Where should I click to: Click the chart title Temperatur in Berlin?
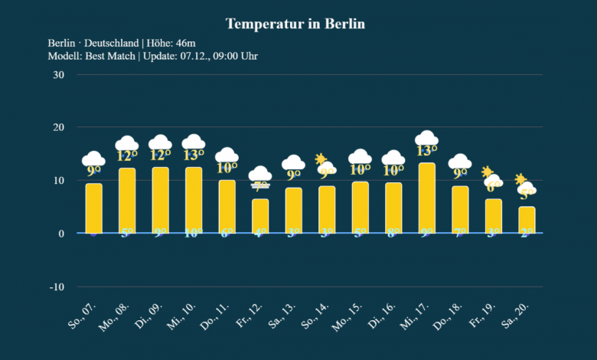coord(295,24)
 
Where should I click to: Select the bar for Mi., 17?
coord(426,198)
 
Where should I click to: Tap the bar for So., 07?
coord(93,208)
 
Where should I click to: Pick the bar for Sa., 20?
coord(527,220)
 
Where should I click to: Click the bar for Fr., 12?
coord(260,216)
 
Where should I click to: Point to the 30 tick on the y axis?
coord(58,75)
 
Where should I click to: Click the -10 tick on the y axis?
coord(56,286)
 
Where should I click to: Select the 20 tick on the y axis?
coord(58,128)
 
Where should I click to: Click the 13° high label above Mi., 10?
coord(194,155)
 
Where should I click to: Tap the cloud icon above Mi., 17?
coord(426,138)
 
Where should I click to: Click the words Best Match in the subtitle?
coord(113,56)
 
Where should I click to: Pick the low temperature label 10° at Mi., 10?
coord(194,233)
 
